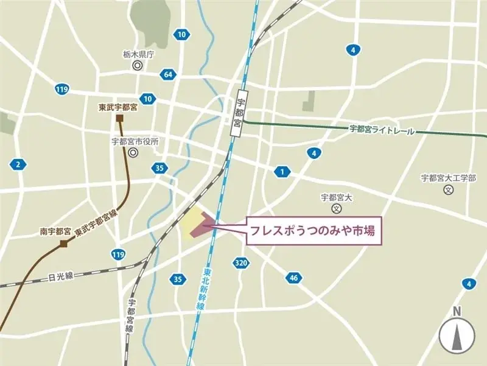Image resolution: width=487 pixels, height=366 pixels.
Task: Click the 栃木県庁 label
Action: point(139,54)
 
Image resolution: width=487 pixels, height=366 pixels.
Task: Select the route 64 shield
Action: point(167,74)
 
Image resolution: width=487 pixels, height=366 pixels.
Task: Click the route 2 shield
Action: point(18,164)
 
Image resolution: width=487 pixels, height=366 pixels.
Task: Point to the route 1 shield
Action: point(282,172)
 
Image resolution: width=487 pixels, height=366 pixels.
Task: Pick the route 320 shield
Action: point(240,263)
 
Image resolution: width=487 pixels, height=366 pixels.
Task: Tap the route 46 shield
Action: point(293,278)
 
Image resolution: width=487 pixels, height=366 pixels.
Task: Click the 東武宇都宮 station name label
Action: point(119,107)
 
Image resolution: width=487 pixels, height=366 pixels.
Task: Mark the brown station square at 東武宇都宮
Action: point(120,118)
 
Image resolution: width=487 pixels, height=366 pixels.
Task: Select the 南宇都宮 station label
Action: point(55,231)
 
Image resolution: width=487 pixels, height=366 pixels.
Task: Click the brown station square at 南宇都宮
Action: point(64,244)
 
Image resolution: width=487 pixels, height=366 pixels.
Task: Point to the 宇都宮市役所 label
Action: point(135,141)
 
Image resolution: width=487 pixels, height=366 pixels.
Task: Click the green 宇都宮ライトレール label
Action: point(382,130)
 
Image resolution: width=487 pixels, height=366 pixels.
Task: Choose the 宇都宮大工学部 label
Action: point(448,178)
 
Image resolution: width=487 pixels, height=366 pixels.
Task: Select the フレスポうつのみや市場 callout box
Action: point(315,231)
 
